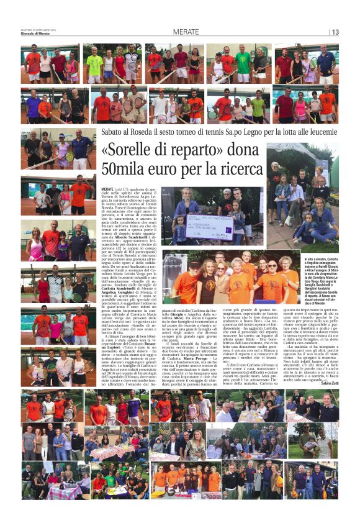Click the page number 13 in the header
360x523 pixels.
coord(335,32)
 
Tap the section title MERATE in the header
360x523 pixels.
coord(186,32)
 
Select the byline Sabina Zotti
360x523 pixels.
coord(326,384)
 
